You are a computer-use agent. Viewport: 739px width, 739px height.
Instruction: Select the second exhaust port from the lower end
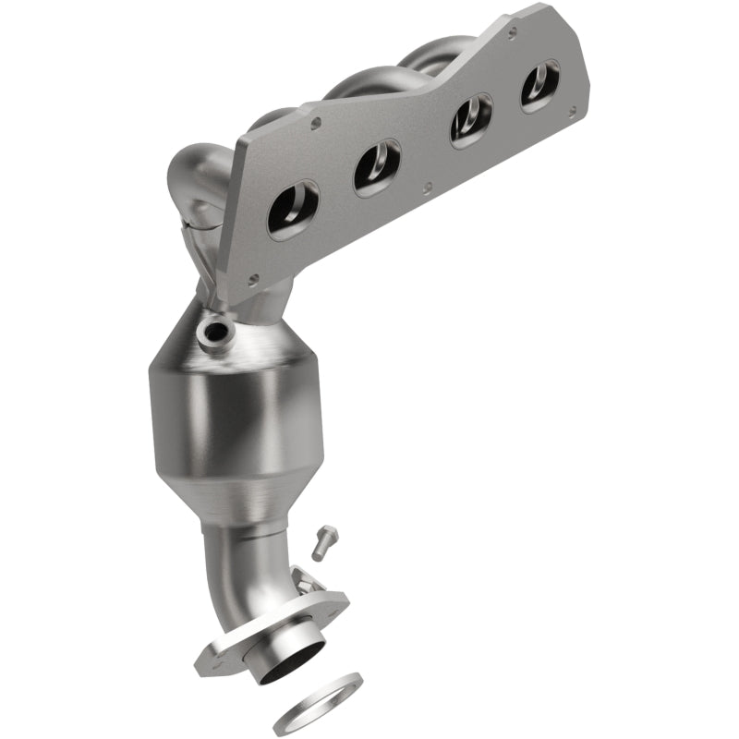point(378,167)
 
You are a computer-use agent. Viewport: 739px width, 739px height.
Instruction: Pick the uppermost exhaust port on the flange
point(540,86)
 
